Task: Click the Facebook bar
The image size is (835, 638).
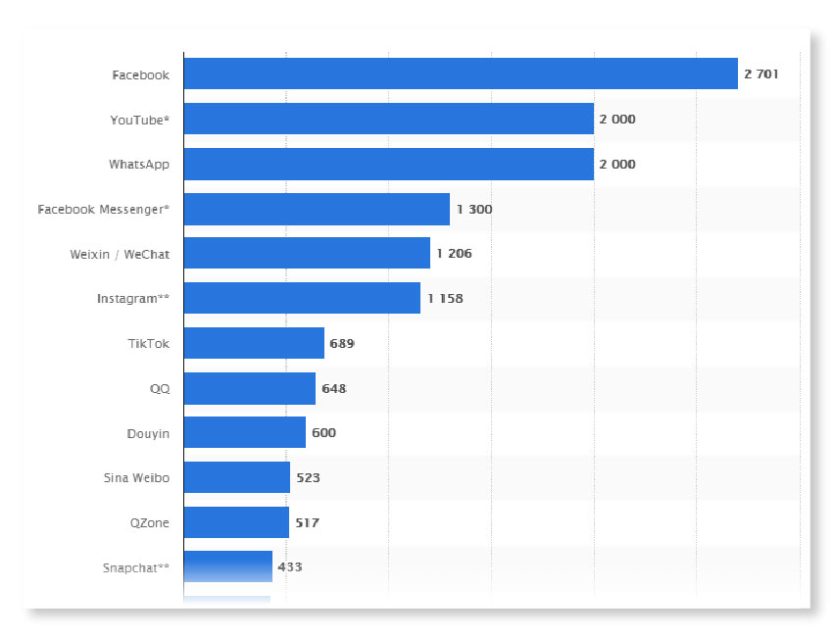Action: coord(460,74)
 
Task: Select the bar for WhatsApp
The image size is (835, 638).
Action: coord(388,164)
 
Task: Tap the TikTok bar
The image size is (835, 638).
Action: coord(253,343)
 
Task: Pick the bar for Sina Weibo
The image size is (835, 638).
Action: coord(236,477)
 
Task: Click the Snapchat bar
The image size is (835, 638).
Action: coord(227,566)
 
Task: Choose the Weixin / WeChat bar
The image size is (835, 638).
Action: coord(306,253)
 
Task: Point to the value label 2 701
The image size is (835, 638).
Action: coord(761,74)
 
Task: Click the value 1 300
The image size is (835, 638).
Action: coord(473,209)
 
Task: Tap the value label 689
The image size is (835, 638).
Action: coord(341,343)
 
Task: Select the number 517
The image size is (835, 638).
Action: coord(307,522)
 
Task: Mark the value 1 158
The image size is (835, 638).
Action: coord(444,298)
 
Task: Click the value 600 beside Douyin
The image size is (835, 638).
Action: coord(323,432)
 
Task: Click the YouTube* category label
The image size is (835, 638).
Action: coord(139,119)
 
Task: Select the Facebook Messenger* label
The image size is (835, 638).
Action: coord(103,209)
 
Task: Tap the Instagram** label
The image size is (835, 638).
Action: coord(132,298)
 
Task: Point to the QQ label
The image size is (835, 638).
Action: coord(159,388)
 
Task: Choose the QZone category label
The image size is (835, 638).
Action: coord(149,522)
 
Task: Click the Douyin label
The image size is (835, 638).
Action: coord(147,432)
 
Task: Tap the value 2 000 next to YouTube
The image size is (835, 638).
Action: coord(616,119)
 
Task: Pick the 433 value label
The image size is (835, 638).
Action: coord(289,566)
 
